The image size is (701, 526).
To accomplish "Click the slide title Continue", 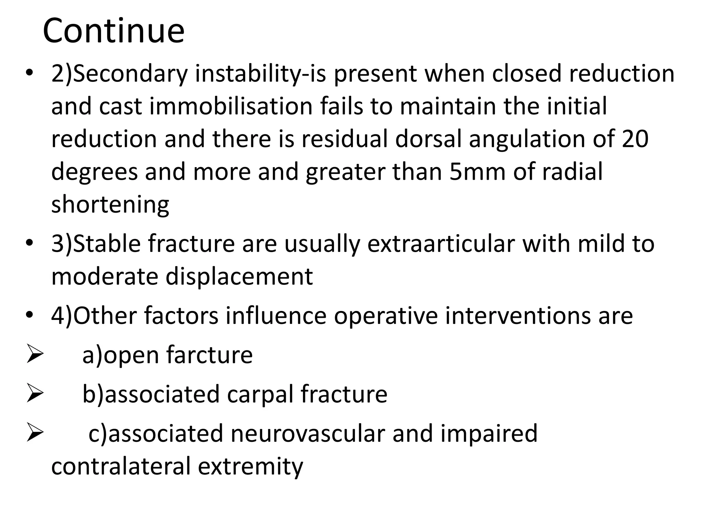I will (113, 31).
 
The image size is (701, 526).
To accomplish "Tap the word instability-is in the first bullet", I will (260, 74).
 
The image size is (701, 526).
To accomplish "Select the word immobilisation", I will (231, 106).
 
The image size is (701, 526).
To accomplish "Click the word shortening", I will (110, 204).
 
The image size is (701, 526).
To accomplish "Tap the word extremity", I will (251, 466).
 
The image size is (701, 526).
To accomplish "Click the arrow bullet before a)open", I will (35, 355).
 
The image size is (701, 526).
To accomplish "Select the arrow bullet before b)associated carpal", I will (35, 394).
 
